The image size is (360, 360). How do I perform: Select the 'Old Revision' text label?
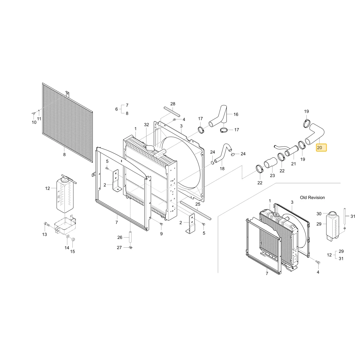click(312, 197)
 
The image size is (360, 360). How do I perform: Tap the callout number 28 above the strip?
click(173, 104)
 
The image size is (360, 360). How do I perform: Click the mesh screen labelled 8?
click(68, 122)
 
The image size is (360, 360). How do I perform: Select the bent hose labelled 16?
click(218, 117)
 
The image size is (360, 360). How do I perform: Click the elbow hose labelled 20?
click(315, 134)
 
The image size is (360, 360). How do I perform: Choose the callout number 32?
click(147, 125)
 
